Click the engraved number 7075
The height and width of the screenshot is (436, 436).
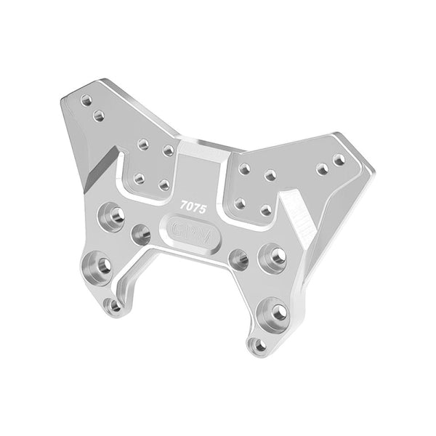[x=194, y=208]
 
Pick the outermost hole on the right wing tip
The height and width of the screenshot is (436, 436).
[x=339, y=158]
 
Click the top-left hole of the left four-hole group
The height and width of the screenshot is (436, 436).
[x=143, y=144]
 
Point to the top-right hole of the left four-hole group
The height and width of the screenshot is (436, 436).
[x=168, y=150]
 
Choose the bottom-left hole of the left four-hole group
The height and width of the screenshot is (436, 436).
[x=139, y=177]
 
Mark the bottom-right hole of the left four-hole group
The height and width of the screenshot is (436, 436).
[x=164, y=185]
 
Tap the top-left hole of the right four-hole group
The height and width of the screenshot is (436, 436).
[x=245, y=169]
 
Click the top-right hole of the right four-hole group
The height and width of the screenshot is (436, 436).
[x=270, y=175]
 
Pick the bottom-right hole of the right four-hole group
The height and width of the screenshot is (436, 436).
[x=266, y=210]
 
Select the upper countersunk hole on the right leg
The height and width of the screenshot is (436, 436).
[x=275, y=256]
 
